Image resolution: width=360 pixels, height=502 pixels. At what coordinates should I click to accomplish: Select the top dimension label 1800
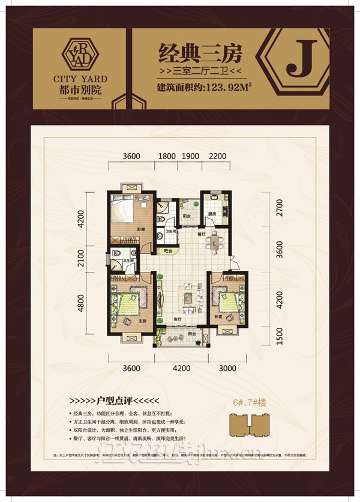tap(167, 156)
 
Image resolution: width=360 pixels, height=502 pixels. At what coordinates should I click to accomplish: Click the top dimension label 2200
tap(218, 156)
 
